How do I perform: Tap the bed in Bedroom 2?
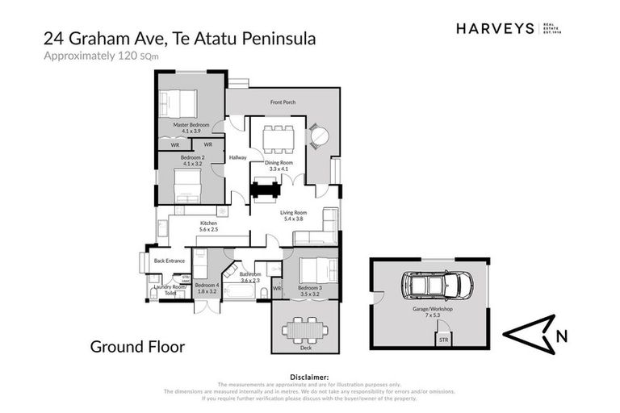coord(188,190)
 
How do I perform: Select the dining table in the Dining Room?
coord(279,138)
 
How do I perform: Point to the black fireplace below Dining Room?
coord(265,190)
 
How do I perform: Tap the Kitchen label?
coord(208,223)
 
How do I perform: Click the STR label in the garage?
coord(442,340)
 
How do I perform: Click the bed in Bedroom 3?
coord(316,269)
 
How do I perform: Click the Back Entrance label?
coord(170,261)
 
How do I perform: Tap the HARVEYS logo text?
coord(495,28)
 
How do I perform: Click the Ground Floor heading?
coord(137,348)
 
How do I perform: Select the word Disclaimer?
coord(309,377)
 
